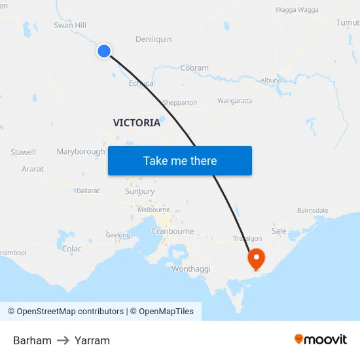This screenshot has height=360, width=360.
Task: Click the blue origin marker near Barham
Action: [104, 50]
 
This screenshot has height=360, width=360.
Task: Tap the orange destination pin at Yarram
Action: [255, 258]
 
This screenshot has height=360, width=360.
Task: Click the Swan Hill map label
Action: [70, 26]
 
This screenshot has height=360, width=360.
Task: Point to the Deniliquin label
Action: [153, 39]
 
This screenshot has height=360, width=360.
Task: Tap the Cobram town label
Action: [194, 68]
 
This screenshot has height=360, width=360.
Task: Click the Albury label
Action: [270, 81]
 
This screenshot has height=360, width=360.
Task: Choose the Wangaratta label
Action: [234, 101]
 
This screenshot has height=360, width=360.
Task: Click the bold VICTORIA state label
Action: [137, 122]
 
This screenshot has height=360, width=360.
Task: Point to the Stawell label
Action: [24, 153]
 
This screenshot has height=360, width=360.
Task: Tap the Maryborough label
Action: [81, 152]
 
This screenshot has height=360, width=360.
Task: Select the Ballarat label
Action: [88, 190]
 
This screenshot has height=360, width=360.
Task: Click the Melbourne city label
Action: [154, 209]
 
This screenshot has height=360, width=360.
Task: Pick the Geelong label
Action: [118, 235]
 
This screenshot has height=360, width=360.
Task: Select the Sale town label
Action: [279, 231]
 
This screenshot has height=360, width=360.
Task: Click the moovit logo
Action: [321, 339]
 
